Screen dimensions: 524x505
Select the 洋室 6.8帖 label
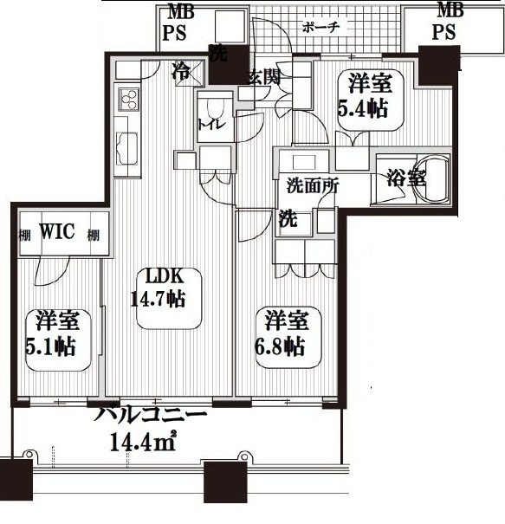point(283,333)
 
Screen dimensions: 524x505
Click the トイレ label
point(211,124)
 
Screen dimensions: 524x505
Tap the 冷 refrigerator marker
point(181,68)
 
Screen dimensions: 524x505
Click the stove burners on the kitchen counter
point(124,100)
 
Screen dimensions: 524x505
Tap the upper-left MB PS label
point(180,22)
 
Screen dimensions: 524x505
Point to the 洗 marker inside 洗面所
point(286,218)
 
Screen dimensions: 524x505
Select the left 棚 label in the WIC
point(23,235)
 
